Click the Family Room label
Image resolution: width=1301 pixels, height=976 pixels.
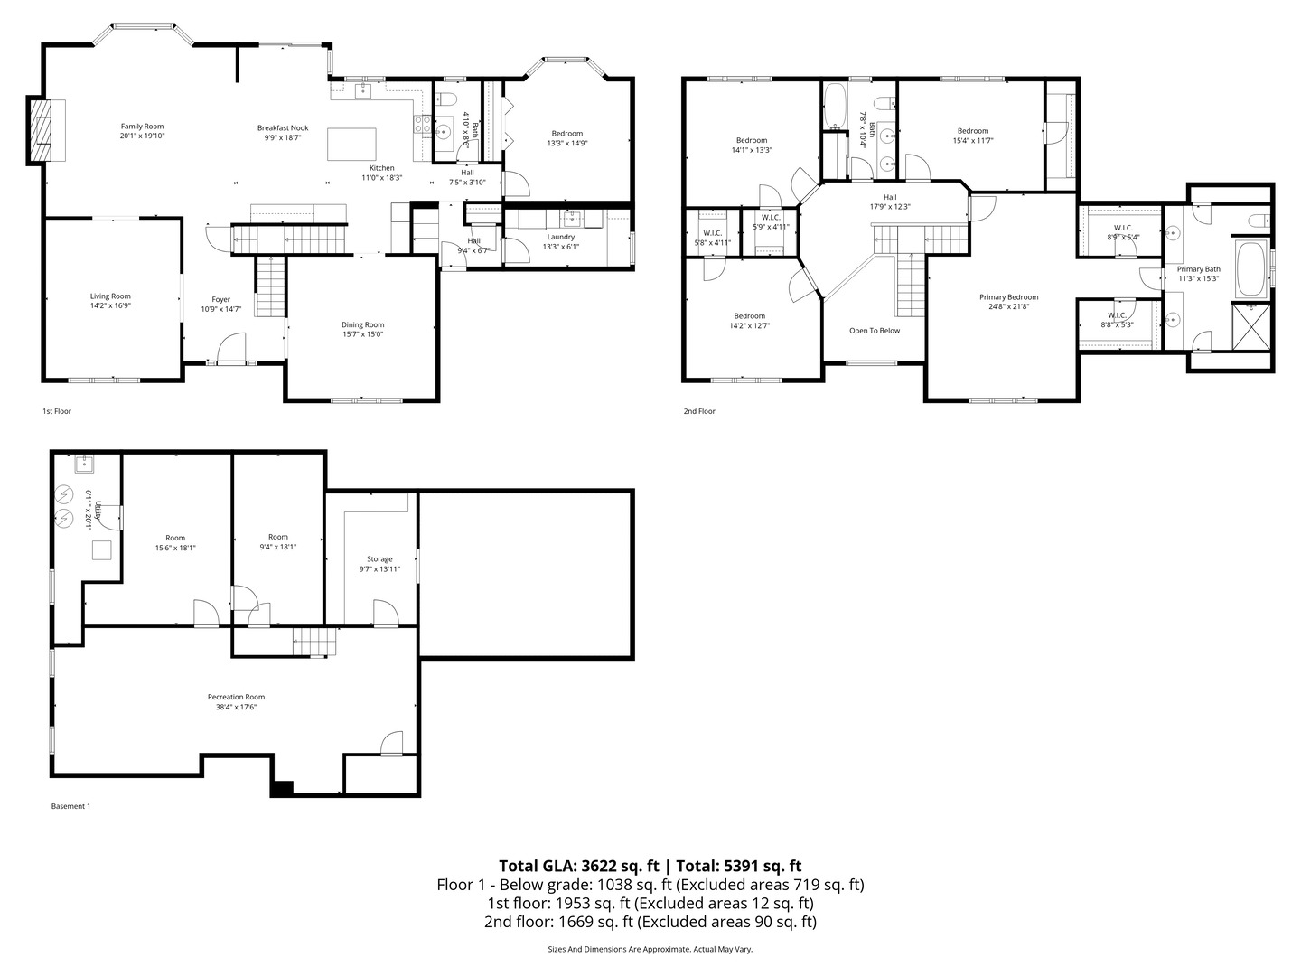pyautogui.click(x=143, y=127)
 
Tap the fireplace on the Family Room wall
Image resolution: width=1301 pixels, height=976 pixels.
pyautogui.click(x=41, y=130)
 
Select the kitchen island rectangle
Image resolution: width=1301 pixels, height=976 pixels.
pyautogui.click(x=351, y=144)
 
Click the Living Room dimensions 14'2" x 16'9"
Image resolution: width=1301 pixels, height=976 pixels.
pyautogui.click(x=110, y=305)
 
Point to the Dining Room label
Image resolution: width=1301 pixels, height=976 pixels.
pyautogui.click(x=362, y=325)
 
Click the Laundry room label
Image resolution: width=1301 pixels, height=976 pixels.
pyautogui.click(x=560, y=237)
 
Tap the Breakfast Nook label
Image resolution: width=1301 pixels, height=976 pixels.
pyautogui.click(x=282, y=128)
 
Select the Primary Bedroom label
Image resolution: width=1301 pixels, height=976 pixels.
pyautogui.click(x=1008, y=297)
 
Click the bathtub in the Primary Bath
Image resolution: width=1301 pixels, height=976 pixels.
pyautogui.click(x=1249, y=267)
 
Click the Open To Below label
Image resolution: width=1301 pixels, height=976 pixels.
pyautogui.click(x=875, y=331)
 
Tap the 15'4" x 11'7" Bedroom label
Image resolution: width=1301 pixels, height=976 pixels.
pyautogui.click(x=973, y=131)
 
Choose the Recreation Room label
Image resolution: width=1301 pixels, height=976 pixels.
pyautogui.click(x=236, y=697)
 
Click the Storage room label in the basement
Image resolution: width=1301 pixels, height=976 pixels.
pyautogui.click(x=379, y=559)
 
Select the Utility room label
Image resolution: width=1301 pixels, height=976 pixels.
pyautogui.click(x=98, y=514)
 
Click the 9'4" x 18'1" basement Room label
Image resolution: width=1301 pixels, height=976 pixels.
pyautogui.click(x=277, y=538)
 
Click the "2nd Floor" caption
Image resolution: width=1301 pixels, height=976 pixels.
pyautogui.click(x=698, y=411)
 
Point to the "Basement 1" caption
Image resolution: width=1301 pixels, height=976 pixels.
pyautogui.click(x=70, y=806)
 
